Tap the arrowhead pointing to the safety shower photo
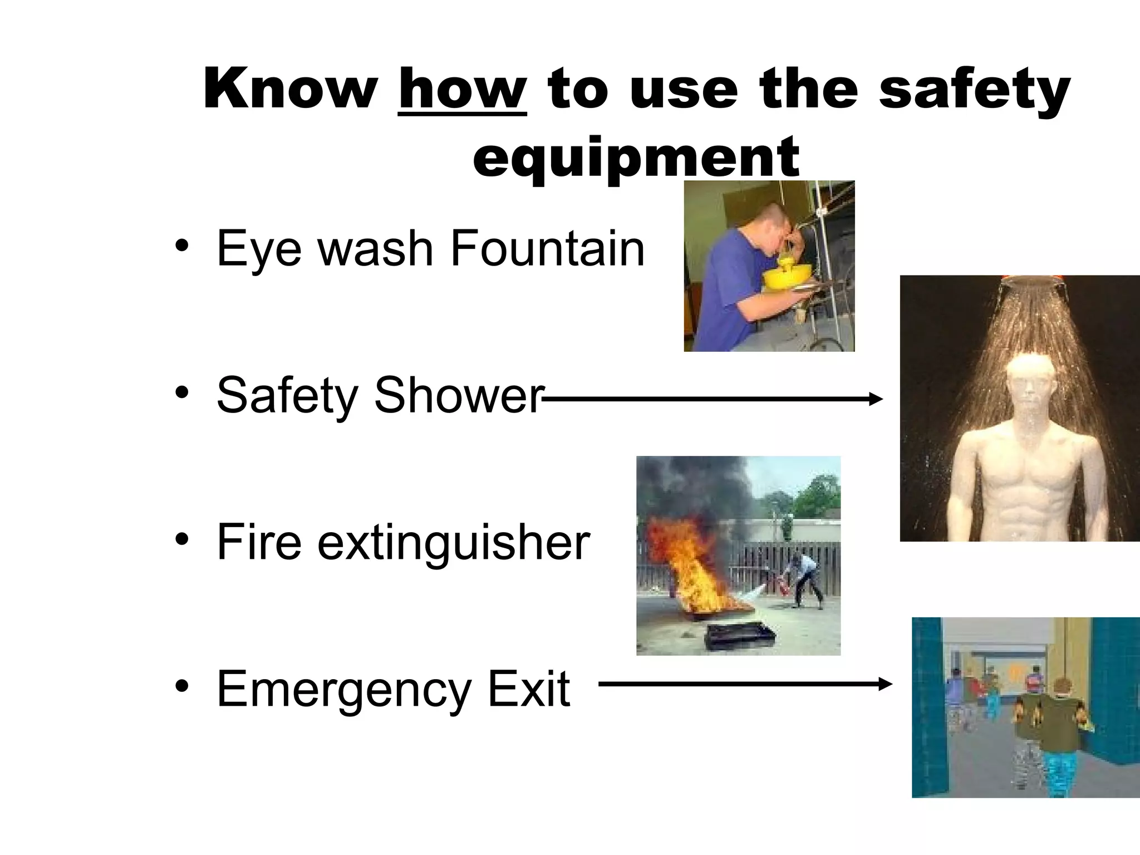(x=876, y=399)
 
